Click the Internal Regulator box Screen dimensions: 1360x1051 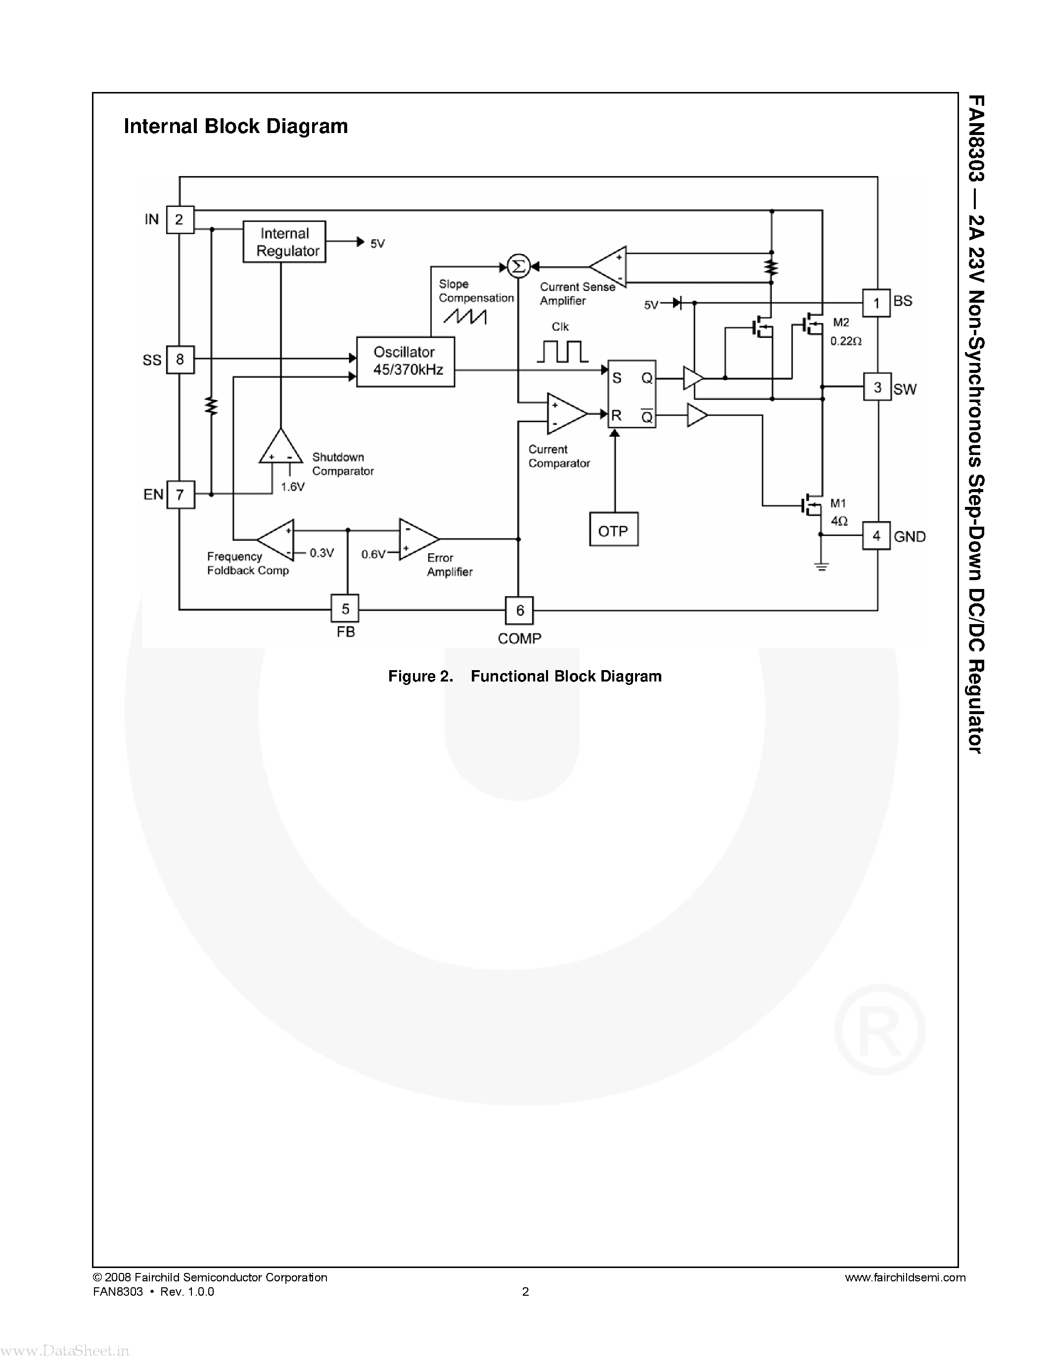click(x=284, y=242)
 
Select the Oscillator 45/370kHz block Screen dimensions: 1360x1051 click(x=406, y=361)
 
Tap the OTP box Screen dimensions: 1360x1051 click(x=613, y=530)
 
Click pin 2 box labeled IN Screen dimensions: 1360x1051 click(x=180, y=219)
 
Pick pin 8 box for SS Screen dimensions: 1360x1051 click(x=180, y=360)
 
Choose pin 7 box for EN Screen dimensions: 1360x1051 click(x=180, y=495)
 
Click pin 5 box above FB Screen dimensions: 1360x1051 click(x=345, y=608)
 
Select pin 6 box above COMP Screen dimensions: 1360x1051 click(x=519, y=610)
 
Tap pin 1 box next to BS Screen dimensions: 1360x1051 click(x=876, y=303)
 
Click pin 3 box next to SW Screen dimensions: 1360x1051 click(x=877, y=387)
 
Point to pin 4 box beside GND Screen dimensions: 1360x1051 click(x=876, y=536)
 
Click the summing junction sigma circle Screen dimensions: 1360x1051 click(x=517, y=267)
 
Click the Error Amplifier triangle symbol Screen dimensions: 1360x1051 click(x=416, y=539)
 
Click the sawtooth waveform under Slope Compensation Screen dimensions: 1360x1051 click(x=464, y=317)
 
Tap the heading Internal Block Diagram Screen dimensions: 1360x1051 click(x=235, y=127)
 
